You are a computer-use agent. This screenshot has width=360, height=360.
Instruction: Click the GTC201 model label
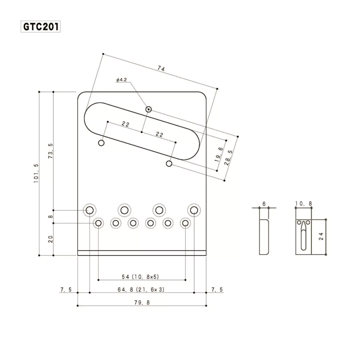pos(41,27)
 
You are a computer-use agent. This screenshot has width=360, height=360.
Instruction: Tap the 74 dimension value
pos(161,69)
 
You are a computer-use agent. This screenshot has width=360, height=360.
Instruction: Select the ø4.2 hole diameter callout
pos(121,80)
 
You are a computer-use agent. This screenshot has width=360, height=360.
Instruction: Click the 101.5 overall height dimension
pos(36,173)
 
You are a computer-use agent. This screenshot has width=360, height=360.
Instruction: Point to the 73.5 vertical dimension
pos(51,151)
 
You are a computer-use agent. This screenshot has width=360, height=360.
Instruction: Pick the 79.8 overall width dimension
pos(142,302)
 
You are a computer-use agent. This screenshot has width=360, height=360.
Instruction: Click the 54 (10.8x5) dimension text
pos(140,277)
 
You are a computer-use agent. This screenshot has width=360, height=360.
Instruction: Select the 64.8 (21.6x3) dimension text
pos(141,290)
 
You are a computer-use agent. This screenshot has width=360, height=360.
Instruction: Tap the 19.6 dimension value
pos(219,155)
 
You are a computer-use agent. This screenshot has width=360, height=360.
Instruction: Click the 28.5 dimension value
pos(229,158)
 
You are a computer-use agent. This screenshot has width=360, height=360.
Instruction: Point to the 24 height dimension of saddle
pos(321,236)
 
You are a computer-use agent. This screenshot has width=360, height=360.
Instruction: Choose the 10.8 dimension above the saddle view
pos(303,204)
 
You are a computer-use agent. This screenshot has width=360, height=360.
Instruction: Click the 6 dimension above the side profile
pos(264,204)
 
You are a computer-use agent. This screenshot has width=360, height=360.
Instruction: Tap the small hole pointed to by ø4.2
pos(149,110)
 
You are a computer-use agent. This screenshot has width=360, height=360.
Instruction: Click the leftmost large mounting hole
pos(90,210)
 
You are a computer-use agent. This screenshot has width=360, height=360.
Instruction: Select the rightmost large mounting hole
pos(194,210)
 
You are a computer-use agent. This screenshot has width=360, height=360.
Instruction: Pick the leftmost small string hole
pos(98,223)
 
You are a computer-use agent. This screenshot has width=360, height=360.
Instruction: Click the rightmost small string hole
pos(185,223)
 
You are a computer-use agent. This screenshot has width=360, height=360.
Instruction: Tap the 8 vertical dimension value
pos(51,217)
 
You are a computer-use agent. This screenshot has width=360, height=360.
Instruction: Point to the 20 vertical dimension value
pos(51,239)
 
